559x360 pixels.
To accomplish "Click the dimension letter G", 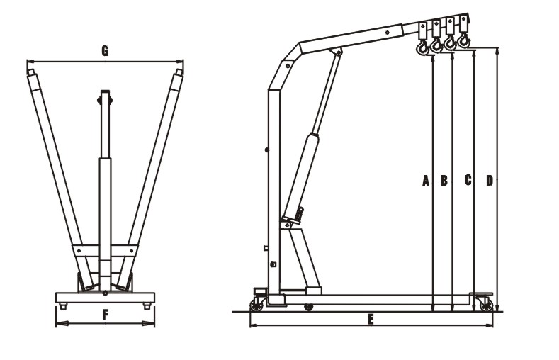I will (104, 50).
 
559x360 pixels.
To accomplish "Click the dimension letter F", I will (105, 315).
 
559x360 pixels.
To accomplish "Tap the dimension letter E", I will (370, 320).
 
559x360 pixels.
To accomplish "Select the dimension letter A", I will (426, 181).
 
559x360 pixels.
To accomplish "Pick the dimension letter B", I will (444, 181).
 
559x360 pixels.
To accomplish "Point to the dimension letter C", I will (468, 180).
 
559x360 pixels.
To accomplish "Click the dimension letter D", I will (489, 181).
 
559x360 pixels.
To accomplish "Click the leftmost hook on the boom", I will (422, 47).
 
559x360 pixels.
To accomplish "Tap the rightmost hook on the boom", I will (464, 40).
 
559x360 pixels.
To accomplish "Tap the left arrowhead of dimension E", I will (253, 325).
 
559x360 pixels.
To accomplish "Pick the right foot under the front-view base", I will (147, 306).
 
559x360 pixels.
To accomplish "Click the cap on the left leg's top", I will (30, 72).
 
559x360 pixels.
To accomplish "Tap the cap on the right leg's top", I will (179, 72).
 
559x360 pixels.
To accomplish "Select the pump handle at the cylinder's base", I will (300, 213).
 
